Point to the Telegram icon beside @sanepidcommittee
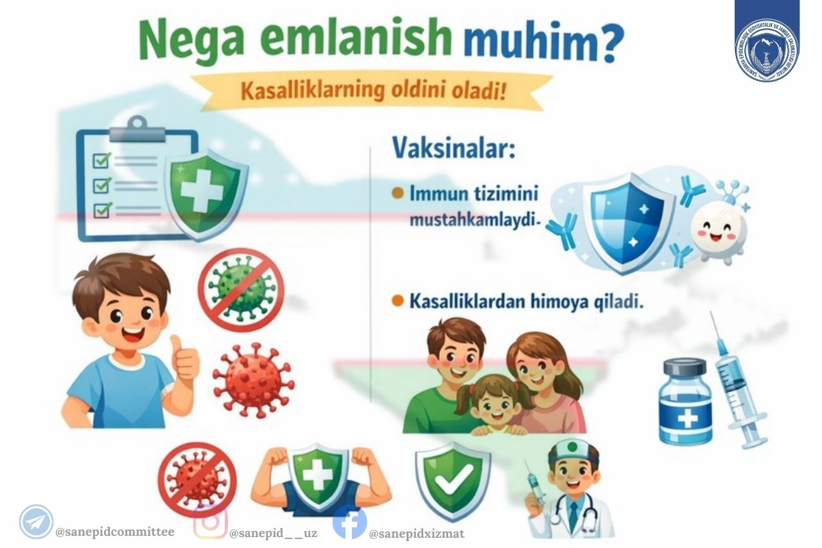36,521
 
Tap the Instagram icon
210,521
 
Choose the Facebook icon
350,522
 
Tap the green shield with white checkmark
453,479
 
